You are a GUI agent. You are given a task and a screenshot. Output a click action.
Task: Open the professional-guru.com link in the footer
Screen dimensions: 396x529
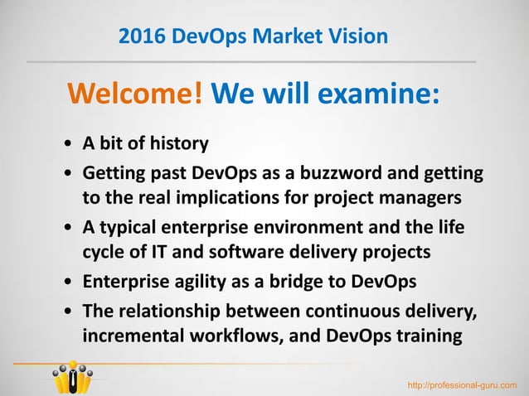click(461, 384)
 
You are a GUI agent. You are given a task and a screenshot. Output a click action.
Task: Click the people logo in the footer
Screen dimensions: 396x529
click(73, 378)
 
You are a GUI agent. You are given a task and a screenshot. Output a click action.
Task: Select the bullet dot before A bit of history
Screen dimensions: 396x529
click(67, 145)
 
